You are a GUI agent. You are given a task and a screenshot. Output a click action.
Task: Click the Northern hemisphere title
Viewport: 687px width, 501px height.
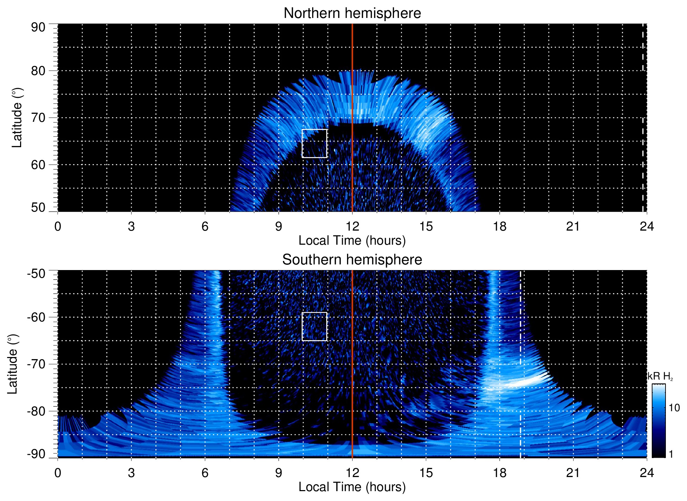(x=352, y=13)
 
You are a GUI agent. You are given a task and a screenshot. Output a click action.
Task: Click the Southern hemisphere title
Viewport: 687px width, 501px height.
(x=352, y=260)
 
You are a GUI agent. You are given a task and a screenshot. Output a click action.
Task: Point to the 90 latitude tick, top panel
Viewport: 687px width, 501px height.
(x=38, y=27)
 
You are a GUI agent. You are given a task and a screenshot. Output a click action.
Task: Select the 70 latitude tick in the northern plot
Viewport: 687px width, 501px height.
(x=38, y=118)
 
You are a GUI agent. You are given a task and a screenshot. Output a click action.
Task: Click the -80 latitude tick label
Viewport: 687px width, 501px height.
(x=36, y=411)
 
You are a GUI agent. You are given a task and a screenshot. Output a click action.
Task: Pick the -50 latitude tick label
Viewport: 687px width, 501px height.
(x=36, y=274)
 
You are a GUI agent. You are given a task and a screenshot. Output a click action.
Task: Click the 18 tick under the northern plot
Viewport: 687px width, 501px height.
(x=500, y=226)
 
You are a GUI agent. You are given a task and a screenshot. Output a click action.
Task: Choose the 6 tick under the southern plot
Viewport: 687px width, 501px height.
(x=205, y=473)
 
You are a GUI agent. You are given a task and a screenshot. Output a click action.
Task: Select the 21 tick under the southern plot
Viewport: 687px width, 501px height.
(x=573, y=473)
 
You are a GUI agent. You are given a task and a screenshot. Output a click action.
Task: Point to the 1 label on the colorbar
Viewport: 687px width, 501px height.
(x=671, y=454)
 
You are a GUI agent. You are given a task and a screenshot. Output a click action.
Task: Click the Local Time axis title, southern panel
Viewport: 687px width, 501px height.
(x=352, y=487)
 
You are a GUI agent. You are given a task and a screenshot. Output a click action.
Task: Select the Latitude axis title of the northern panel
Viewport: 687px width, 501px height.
(x=17, y=118)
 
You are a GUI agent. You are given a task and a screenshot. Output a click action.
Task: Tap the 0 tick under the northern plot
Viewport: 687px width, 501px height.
(x=58, y=226)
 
